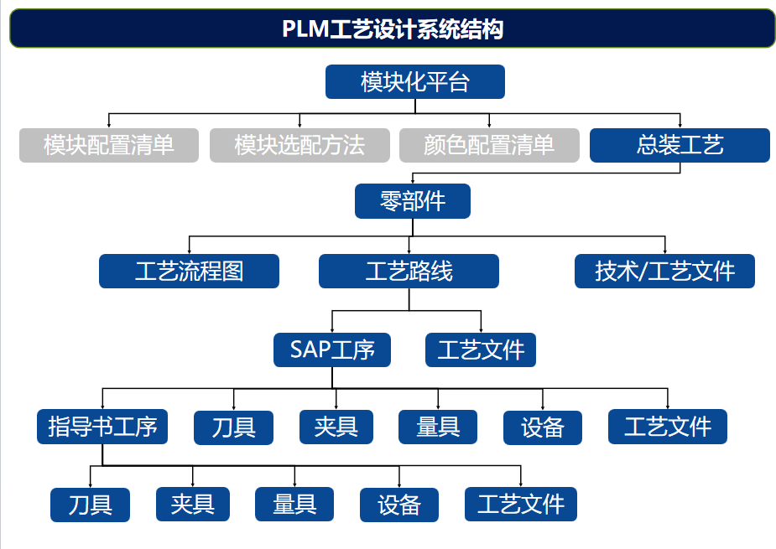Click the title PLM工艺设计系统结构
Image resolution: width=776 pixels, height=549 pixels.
pyautogui.click(x=392, y=29)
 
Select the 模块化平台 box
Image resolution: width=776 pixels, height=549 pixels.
pyautogui.click(x=414, y=82)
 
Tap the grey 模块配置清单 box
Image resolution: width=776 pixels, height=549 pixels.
pyautogui.click(x=109, y=145)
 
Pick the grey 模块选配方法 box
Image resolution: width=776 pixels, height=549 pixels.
pyautogui.click(x=299, y=145)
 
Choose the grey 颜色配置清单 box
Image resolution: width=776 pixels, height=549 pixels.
pyautogui.click(x=489, y=145)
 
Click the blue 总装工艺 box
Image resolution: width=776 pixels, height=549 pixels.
pyautogui.click(x=680, y=145)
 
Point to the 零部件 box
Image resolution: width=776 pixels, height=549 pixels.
pyautogui.click(x=412, y=201)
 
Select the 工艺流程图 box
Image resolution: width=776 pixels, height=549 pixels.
pyautogui.click(x=189, y=272)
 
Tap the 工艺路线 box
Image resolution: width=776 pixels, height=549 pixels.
pyautogui.click(x=409, y=272)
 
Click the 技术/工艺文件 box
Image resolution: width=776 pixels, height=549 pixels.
pyautogui.click(x=664, y=272)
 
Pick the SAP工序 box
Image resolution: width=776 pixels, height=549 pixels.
pyautogui.click(x=332, y=350)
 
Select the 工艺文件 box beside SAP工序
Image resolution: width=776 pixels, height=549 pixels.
pyautogui.click(x=481, y=350)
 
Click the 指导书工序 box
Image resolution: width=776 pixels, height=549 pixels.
pyautogui.click(x=102, y=427)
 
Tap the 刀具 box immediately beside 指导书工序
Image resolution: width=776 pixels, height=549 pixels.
pyautogui.click(x=234, y=427)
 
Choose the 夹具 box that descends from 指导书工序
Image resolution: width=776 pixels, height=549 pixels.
pyautogui.click(x=193, y=505)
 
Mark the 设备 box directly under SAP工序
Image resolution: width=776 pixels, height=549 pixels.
pyautogui.click(x=542, y=427)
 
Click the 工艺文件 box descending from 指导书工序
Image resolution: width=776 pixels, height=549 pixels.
pyautogui.click(x=521, y=505)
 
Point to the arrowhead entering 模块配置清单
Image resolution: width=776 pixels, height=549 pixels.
pyautogui.click(x=109, y=125)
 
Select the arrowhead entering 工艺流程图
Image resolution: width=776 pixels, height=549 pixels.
pyautogui.click(x=189, y=251)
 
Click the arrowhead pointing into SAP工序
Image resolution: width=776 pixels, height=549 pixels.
pyautogui.click(x=332, y=329)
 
